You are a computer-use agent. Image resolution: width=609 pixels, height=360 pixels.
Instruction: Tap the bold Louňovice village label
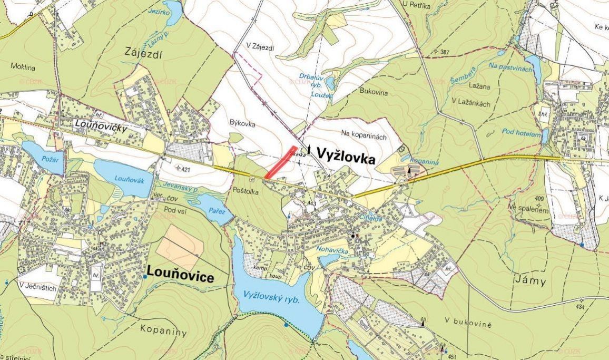coord(181,275)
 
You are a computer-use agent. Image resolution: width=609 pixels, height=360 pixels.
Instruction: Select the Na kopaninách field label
coord(364,137)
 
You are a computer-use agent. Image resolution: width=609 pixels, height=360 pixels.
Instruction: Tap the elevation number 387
coord(445,52)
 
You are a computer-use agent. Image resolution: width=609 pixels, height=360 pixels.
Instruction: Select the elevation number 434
coord(580,307)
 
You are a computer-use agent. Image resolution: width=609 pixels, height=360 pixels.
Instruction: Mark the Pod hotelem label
coord(521,132)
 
